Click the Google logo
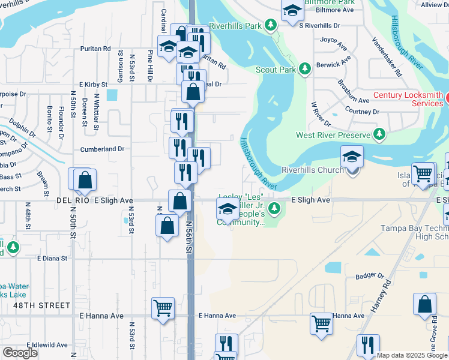(20, 353)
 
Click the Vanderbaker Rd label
(386, 57)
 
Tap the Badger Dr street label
(370, 276)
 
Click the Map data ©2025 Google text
(412, 355)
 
